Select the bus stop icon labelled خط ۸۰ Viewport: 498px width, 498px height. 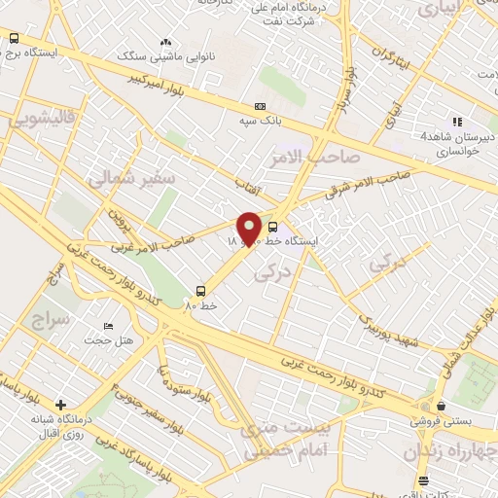pyautogui.click(x=201, y=290)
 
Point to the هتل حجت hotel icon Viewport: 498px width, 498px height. pyautogui.click(x=108, y=326)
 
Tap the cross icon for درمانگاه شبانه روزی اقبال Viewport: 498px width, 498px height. pyautogui.click(x=60, y=405)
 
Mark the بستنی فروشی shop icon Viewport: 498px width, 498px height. pyautogui.click(x=442, y=407)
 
